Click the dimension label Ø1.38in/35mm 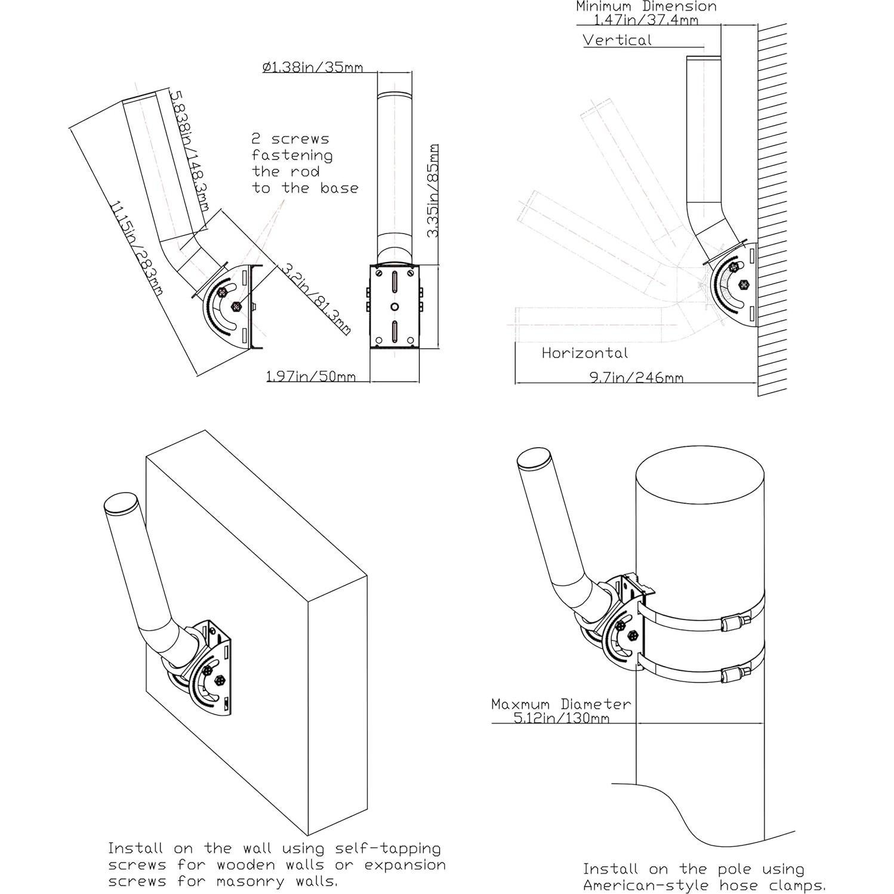coord(312,67)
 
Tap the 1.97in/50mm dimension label coord(310,376)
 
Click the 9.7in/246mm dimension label coord(636,377)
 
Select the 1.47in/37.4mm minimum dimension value coord(646,20)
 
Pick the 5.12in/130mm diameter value coord(561,718)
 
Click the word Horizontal coord(584,353)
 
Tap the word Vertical coord(617,40)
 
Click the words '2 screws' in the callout coord(290,139)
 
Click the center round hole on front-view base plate coord(394,306)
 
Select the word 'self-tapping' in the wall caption coord(388,848)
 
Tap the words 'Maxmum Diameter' coord(560,704)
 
